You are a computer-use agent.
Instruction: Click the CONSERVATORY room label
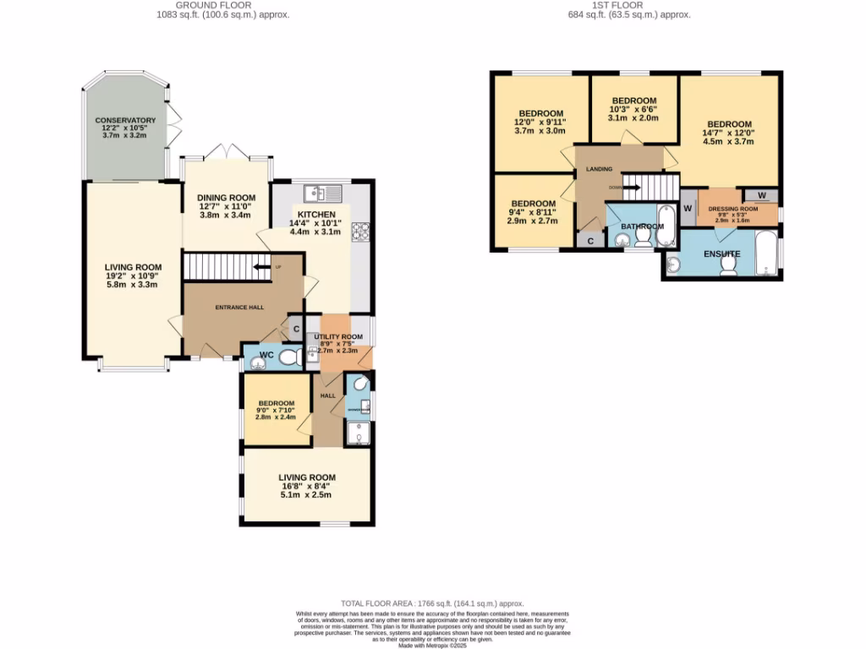click(125, 121)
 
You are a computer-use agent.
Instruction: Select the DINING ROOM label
click(226, 198)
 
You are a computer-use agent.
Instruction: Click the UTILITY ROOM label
click(338, 337)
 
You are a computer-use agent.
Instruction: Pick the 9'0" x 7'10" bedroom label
click(276, 403)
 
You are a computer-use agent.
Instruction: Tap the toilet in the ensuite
click(727, 265)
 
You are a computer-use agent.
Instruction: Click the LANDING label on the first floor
click(599, 169)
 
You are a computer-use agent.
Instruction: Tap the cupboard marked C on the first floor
click(590, 241)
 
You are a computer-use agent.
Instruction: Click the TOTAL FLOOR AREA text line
click(433, 603)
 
